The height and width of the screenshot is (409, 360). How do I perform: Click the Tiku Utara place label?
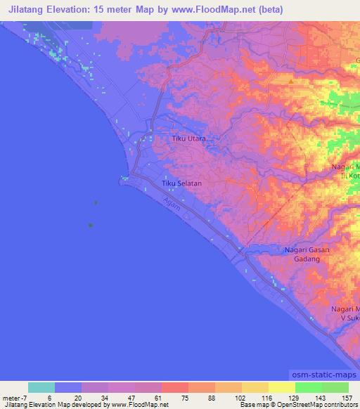tap(189, 139)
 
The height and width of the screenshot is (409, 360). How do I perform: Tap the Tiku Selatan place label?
tap(182, 183)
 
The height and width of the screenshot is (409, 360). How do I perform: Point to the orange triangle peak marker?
tap(290, 81)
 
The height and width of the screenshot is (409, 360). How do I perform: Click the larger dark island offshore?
tap(90, 225)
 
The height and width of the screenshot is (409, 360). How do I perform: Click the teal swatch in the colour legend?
tap(41, 387)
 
